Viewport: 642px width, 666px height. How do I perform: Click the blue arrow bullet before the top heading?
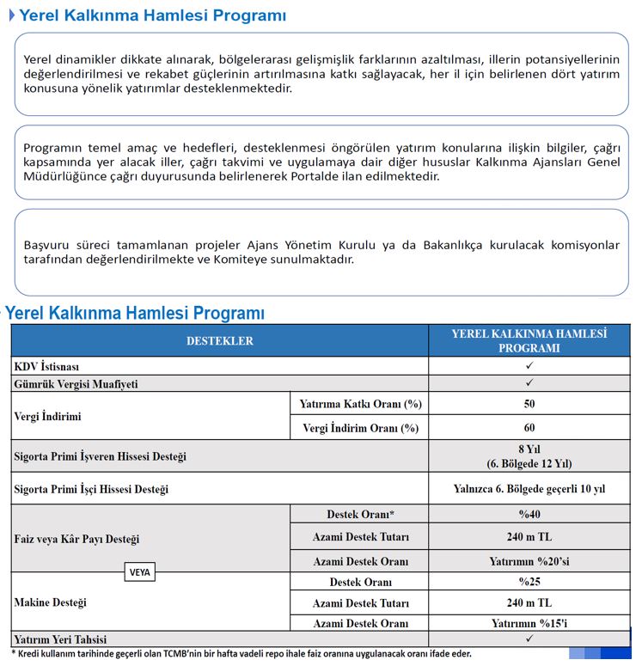coord(12,15)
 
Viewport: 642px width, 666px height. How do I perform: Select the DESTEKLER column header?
coord(220,341)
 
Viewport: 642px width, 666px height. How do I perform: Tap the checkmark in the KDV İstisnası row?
coord(529,366)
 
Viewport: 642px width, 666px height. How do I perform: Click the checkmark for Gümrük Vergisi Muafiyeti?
coord(529,383)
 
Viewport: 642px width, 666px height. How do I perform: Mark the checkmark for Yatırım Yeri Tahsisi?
coord(529,639)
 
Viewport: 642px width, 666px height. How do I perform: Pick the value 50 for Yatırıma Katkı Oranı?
coord(529,404)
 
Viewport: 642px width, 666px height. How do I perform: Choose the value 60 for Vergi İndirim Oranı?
coord(529,427)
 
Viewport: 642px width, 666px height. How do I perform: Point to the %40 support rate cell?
coord(529,515)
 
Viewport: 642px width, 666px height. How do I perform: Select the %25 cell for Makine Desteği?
coord(529,582)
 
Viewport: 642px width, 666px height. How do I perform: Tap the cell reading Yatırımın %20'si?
coord(529,561)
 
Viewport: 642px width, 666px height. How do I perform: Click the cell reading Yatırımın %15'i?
coord(529,623)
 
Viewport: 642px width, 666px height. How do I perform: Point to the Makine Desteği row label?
coord(51,602)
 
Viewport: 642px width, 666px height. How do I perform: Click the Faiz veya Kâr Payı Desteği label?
coord(76,540)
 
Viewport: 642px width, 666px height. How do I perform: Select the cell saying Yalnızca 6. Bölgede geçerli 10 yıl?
coord(529,489)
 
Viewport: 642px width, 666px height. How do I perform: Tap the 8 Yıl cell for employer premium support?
coord(529,456)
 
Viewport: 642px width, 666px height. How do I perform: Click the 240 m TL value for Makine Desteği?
coord(529,602)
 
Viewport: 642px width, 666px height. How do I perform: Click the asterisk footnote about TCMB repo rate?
coord(241,654)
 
